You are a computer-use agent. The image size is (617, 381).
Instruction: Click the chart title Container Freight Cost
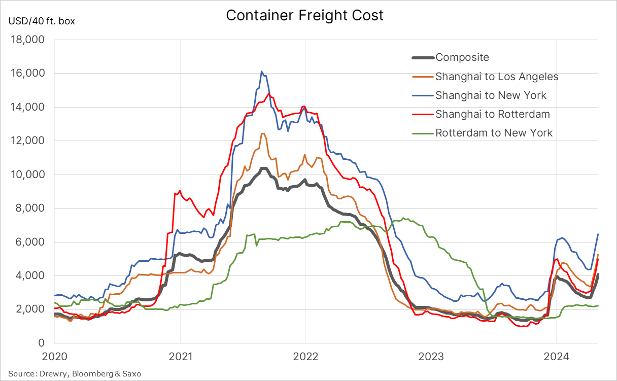point(304,15)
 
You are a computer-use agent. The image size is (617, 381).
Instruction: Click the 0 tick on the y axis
point(44,343)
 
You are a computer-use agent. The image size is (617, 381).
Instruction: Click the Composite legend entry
point(462,58)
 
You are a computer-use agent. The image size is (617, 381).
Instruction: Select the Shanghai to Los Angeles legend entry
point(496,77)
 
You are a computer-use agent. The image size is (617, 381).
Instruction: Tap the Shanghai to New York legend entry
point(491,95)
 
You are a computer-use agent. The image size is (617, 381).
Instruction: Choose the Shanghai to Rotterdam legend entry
point(492,114)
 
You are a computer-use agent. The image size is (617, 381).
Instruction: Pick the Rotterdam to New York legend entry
point(494,133)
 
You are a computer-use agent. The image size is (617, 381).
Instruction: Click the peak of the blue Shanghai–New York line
point(261,72)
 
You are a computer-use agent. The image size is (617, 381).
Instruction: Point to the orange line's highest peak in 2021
point(262,133)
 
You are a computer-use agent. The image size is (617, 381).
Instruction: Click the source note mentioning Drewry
point(75,374)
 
